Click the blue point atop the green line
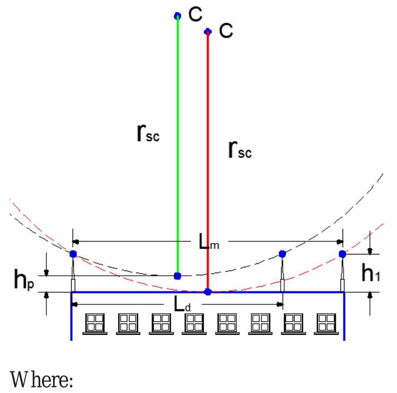178,16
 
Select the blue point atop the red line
208,31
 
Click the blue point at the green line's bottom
178,276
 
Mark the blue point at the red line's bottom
208,292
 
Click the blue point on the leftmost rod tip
73,254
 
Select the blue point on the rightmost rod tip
342,254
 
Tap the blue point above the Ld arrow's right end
282,254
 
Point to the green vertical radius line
178,146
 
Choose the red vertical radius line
208,177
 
